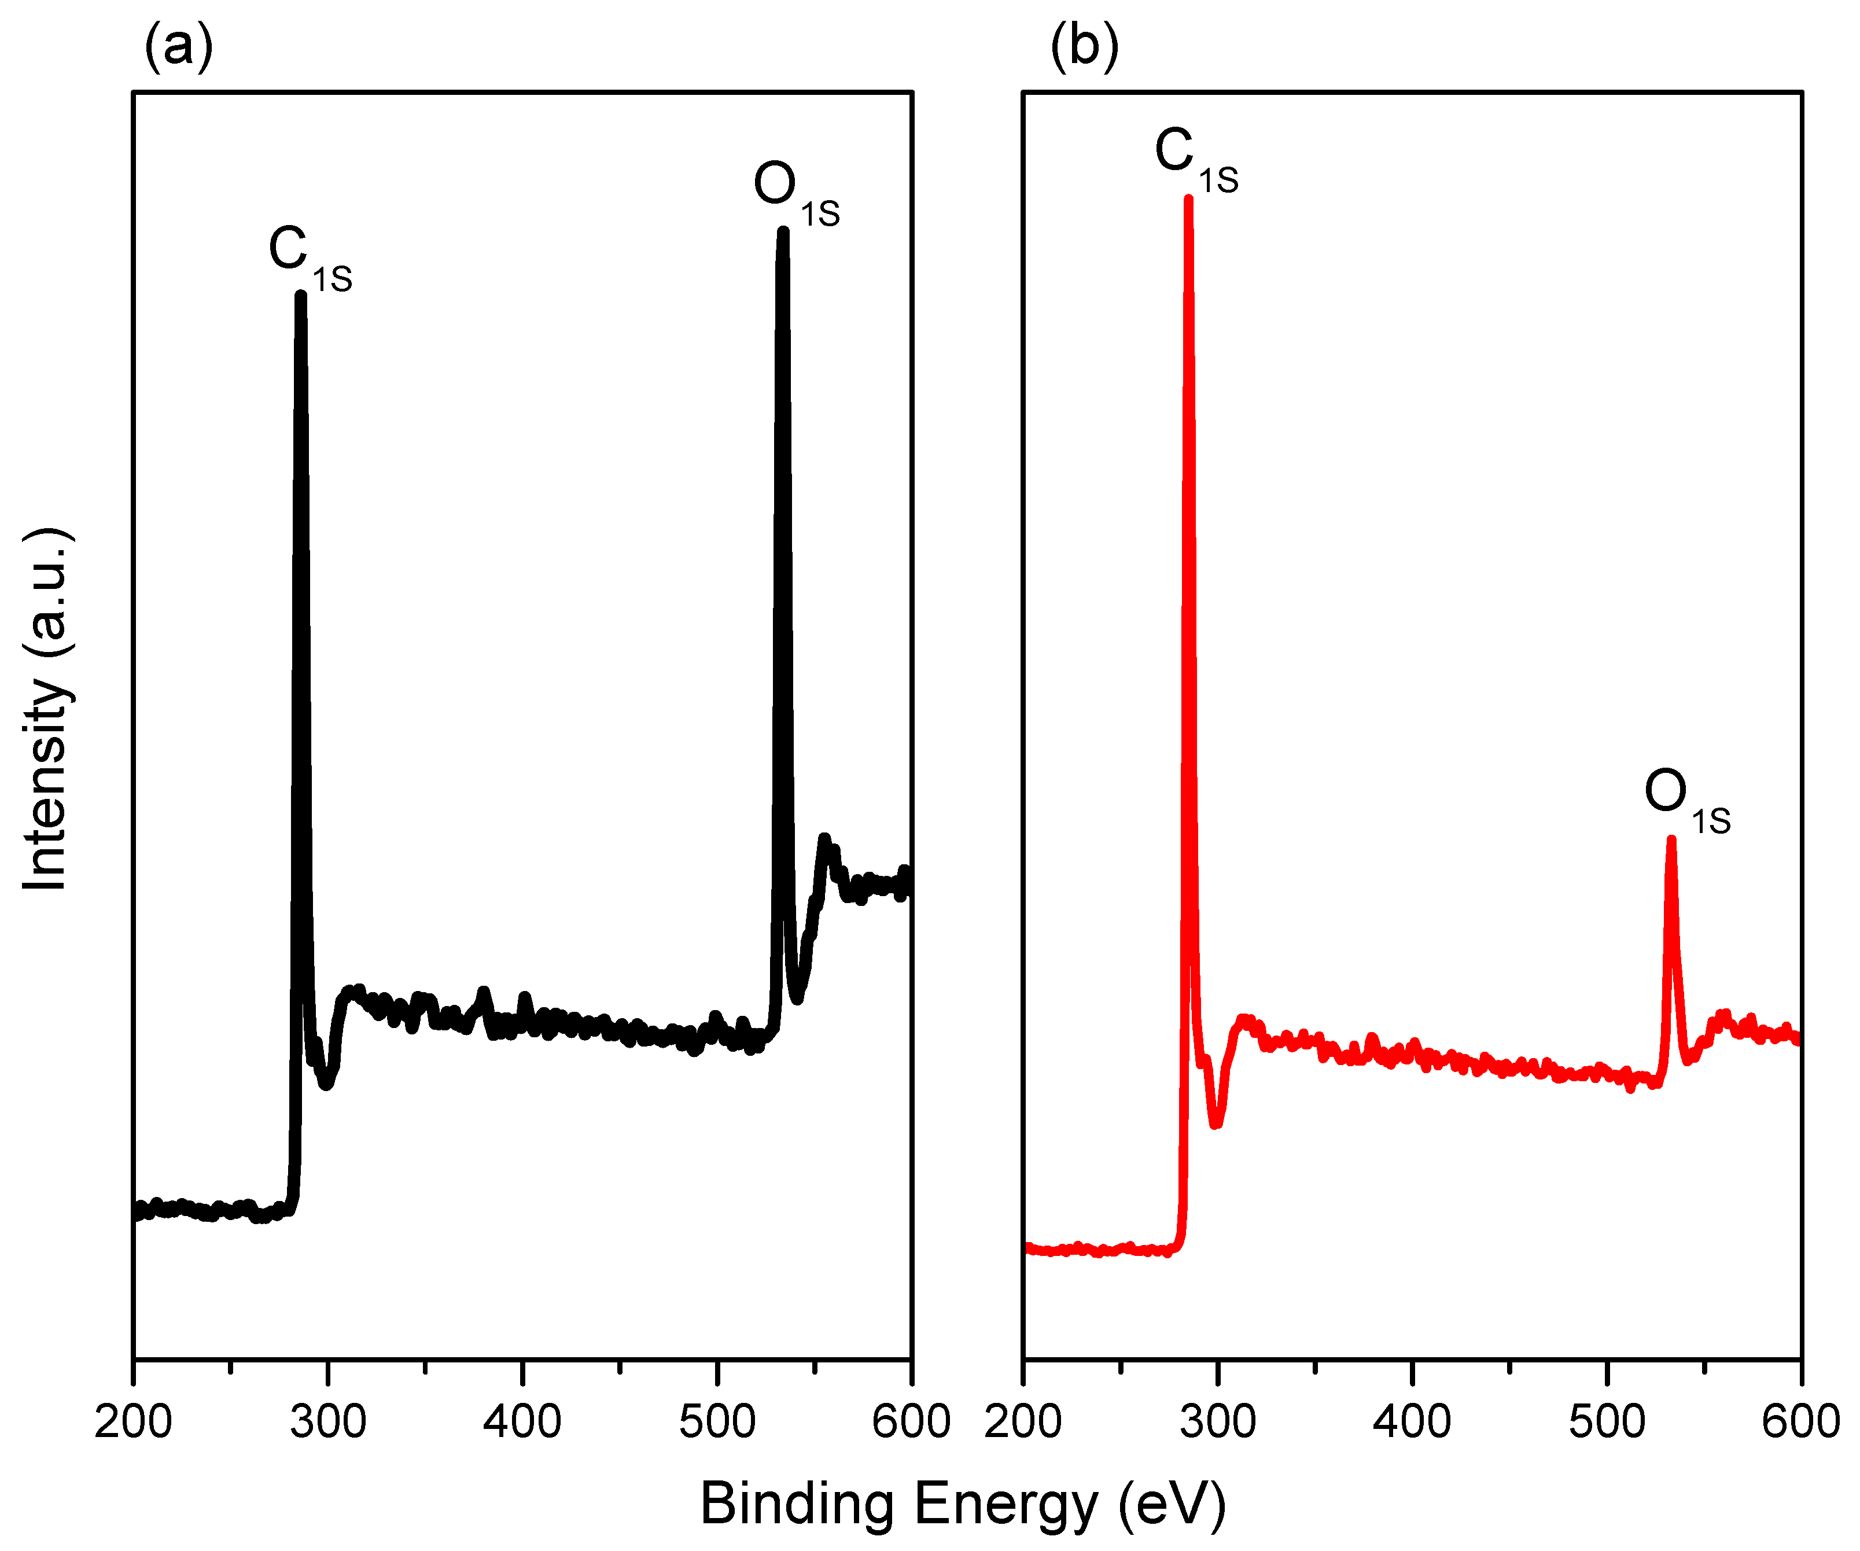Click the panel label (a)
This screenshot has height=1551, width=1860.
(x=178, y=46)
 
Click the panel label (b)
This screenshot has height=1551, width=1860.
(x=1084, y=46)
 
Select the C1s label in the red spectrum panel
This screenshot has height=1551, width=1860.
(x=1195, y=159)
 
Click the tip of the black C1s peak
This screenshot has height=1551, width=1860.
(x=301, y=296)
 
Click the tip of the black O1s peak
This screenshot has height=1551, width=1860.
(x=783, y=232)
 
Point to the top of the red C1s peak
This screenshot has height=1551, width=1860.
(x=1189, y=198)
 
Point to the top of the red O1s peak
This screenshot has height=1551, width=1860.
(x=1671, y=839)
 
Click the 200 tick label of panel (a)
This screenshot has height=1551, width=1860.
(x=134, y=1421)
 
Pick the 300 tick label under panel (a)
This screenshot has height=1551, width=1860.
(x=327, y=1421)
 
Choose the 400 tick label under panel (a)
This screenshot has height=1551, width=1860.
(x=522, y=1421)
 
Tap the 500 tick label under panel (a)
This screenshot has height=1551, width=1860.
(x=717, y=1421)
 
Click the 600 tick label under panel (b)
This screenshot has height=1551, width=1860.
(x=1800, y=1421)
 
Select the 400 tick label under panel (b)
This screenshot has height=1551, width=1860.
(x=1412, y=1421)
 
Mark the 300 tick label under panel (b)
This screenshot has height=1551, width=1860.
(x=1218, y=1421)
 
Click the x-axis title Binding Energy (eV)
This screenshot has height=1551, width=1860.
(x=963, y=1503)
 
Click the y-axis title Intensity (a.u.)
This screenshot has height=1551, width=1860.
(x=46, y=709)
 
